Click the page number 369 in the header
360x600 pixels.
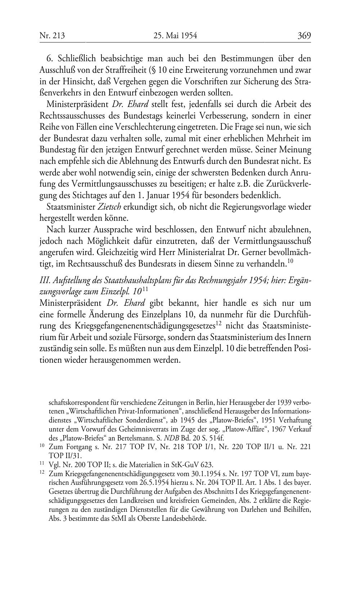(304, 36)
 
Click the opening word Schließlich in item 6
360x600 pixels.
(77, 58)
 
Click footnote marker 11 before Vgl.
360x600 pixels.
(41, 464)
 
